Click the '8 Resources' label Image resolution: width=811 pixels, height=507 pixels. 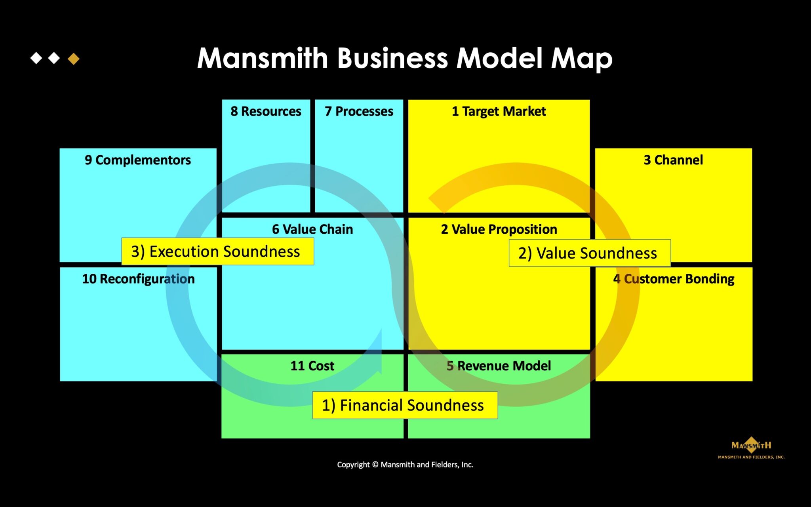point(266,111)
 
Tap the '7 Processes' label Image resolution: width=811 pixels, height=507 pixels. point(359,111)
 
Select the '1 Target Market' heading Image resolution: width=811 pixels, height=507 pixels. point(499,111)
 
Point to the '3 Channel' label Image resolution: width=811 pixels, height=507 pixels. point(673,160)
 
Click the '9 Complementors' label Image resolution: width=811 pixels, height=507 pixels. point(138,160)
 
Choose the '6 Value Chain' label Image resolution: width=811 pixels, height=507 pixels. point(312,229)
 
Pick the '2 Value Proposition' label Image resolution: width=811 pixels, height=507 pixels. point(499,229)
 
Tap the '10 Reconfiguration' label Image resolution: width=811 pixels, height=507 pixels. point(138,279)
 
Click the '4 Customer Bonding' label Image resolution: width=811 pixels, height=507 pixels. point(674,279)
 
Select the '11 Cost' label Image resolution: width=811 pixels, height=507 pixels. point(312,366)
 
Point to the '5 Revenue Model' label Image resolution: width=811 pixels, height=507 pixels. point(499,366)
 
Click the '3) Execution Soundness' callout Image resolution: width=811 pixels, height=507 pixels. point(217,252)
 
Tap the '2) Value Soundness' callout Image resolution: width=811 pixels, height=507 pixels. point(589,253)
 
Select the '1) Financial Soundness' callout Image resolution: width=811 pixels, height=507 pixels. point(405,405)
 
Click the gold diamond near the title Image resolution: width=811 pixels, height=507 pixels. point(74,59)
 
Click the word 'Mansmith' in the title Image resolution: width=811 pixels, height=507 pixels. point(263,59)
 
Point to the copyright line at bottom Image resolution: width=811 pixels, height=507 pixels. point(405,465)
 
